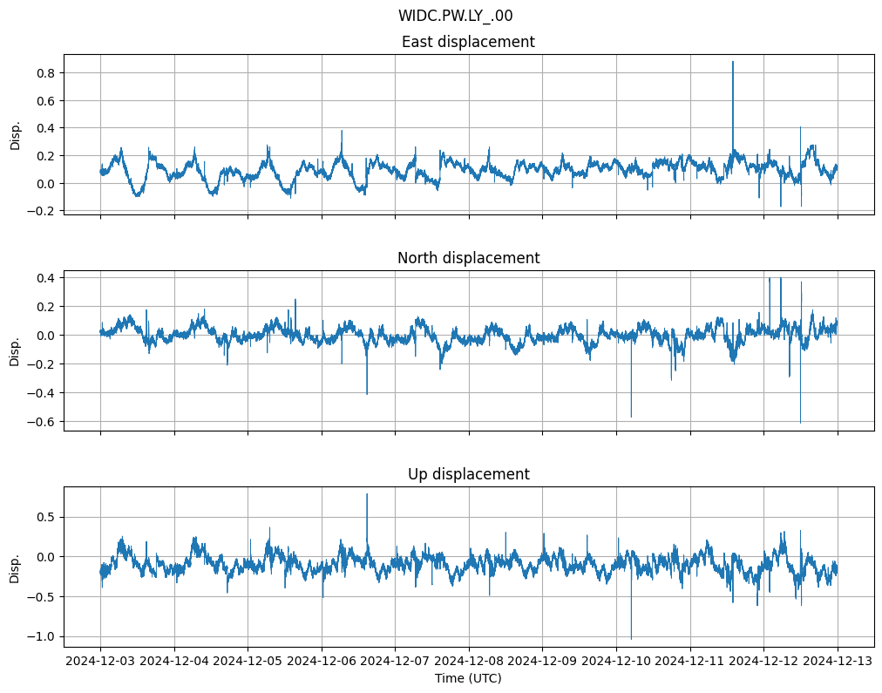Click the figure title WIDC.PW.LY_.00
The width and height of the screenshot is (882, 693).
461,16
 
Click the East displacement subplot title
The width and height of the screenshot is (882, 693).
468,42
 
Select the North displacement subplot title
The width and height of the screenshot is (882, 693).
468,258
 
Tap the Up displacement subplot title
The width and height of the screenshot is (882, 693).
468,474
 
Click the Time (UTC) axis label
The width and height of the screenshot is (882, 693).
468,678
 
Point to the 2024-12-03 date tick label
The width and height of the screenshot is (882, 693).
100,662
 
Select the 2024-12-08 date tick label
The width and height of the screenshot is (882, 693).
469,662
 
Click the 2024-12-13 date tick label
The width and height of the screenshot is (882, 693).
838,662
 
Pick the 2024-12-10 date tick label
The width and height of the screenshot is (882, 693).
616,662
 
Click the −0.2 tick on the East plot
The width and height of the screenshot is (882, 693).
44,211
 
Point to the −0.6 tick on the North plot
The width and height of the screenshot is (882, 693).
44,422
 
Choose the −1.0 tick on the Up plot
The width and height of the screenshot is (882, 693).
44,637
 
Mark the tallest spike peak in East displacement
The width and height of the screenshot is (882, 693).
733,62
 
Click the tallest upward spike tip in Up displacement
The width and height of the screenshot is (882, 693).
367,494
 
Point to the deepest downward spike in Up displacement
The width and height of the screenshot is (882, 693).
631,639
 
